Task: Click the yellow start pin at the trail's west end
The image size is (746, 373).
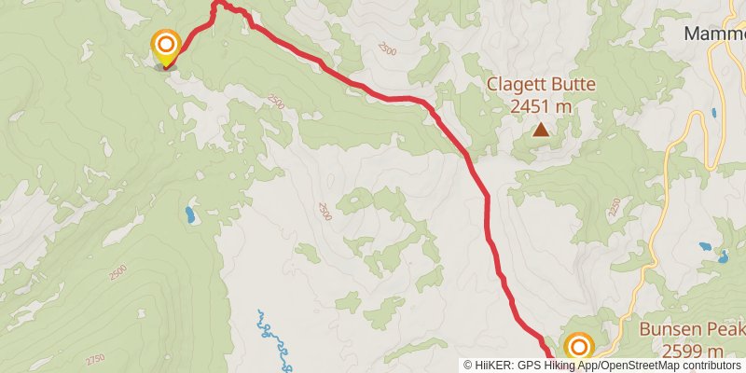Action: click(x=166, y=47)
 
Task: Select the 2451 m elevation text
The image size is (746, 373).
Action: click(x=541, y=106)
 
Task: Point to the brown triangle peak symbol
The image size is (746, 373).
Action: click(x=541, y=130)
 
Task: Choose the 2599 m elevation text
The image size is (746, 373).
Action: click(x=693, y=351)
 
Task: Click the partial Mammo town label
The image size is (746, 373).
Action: click(x=714, y=34)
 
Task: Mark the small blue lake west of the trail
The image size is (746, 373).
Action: click(x=190, y=215)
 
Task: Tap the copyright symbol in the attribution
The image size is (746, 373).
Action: click(x=469, y=365)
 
